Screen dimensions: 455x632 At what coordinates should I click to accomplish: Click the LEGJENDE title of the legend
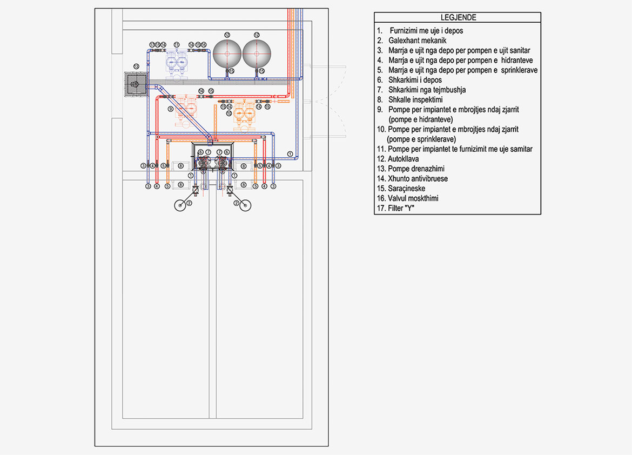(x=458, y=17)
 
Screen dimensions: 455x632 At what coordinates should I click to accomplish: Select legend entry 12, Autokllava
(x=403, y=159)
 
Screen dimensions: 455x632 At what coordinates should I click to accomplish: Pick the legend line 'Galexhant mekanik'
(x=417, y=41)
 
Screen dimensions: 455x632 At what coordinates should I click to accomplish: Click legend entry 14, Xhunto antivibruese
(x=417, y=178)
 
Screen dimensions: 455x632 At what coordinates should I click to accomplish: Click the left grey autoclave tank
(x=227, y=53)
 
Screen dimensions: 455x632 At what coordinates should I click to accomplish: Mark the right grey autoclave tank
(x=257, y=53)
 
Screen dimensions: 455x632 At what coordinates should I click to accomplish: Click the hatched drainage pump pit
(x=135, y=83)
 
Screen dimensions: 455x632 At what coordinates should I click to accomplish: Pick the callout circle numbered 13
(x=136, y=66)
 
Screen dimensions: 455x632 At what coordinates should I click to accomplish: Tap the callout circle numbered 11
(x=177, y=44)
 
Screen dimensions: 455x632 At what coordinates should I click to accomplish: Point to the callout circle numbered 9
(x=171, y=109)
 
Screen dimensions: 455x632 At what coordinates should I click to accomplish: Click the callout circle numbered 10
(x=229, y=113)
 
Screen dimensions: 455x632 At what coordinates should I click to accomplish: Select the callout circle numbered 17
(x=152, y=44)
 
